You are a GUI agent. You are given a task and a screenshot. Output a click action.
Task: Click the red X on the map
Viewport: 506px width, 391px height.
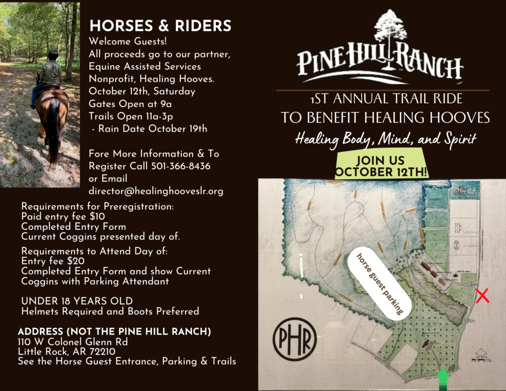[x=482, y=297]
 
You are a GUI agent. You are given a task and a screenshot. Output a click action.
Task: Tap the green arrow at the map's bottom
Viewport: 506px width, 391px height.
[x=443, y=379]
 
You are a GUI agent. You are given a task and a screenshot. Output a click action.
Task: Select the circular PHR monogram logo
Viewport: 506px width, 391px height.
[x=295, y=338]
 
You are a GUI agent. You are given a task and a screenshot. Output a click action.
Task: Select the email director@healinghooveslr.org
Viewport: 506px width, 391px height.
[x=156, y=191]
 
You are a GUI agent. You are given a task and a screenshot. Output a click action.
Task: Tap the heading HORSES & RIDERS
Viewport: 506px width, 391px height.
[x=161, y=26]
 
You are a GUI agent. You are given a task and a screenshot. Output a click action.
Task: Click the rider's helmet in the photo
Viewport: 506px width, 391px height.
[x=53, y=54]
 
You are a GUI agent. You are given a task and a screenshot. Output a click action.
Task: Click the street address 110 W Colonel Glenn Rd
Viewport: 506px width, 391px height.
[x=74, y=342]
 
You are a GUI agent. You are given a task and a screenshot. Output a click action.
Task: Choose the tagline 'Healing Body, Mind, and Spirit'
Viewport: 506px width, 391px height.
[x=385, y=139]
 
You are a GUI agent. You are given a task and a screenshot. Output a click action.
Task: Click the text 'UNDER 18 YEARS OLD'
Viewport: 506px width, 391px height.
[x=77, y=301]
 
